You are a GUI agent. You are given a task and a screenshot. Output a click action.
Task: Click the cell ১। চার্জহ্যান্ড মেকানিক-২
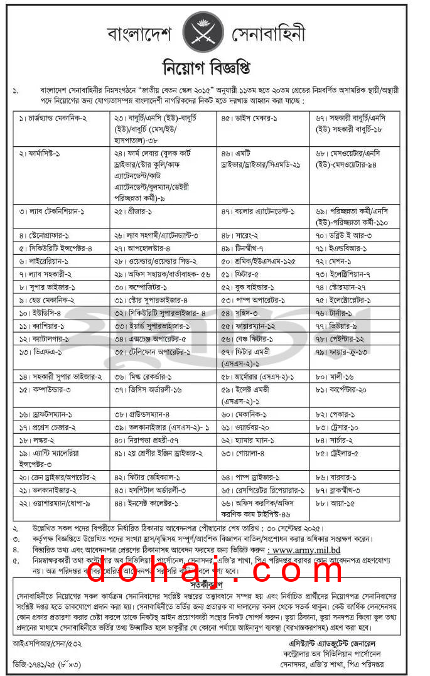tap(53, 117)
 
